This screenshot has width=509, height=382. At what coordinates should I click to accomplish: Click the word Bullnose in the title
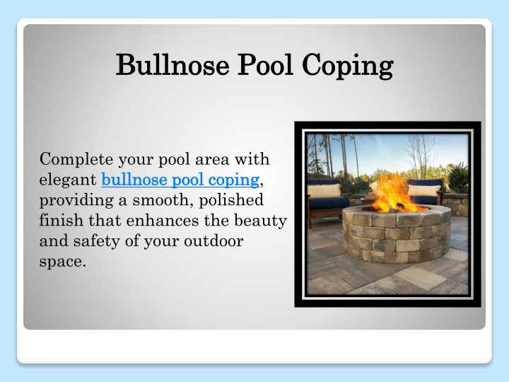[x=172, y=64]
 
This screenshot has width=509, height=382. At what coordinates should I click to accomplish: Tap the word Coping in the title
[x=348, y=66]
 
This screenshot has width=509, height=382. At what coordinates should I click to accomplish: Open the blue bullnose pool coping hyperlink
[x=180, y=180]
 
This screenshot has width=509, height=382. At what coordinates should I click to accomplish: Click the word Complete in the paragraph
[x=76, y=159]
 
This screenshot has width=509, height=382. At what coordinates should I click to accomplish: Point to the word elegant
[x=68, y=180]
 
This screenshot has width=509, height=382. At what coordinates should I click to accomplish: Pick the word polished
[x=231, y=200]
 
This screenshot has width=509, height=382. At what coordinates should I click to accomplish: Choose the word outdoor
[x=213, y=241]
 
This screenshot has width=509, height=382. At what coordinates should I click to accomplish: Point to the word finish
[x=61, y=220]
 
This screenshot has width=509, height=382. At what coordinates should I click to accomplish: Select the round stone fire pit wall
[x=397, y=235]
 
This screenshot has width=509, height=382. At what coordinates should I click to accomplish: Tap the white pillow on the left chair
[x=324, y=191]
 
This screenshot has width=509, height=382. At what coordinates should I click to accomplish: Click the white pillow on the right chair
[x=423, y=190]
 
